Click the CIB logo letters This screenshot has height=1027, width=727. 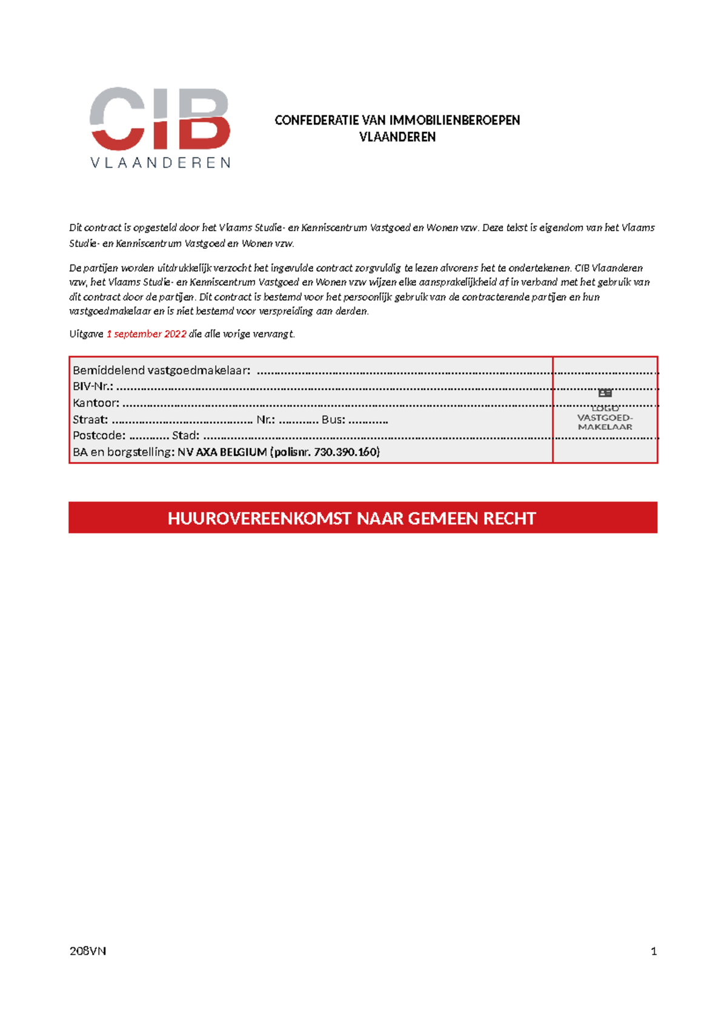point(160,119)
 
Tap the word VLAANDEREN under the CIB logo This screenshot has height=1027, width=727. point(160,163)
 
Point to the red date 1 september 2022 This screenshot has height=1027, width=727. point(146,334)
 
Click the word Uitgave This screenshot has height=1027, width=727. point(86,334)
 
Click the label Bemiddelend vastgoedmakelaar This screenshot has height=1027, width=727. point(161,370)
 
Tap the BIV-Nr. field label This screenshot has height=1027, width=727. point(93,386)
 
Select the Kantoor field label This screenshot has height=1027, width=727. point(96,403)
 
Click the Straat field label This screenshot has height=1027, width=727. point(90,419)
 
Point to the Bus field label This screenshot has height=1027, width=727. point(333,419)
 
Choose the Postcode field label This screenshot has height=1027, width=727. point(99,435)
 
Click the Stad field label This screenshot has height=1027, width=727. point(185,435)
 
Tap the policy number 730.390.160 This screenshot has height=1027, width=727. point(346,452)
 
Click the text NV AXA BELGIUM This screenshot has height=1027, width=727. point(222,452)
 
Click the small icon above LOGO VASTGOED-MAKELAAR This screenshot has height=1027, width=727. point(605,393)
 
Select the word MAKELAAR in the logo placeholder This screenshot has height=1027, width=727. point(605,427)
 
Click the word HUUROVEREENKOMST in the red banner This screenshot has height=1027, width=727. point(259,518)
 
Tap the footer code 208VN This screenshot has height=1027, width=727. point(88,951)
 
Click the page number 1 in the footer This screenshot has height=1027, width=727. point(653,951)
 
